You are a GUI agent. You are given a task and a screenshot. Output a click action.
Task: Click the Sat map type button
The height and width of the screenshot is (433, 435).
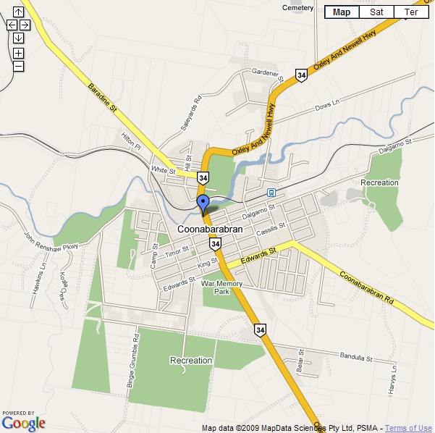[x=376, y=12]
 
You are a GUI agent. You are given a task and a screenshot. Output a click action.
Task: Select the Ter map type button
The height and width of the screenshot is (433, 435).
[x=411, y=12]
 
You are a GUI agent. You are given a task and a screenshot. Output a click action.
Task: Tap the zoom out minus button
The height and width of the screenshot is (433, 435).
[x=18, y=66]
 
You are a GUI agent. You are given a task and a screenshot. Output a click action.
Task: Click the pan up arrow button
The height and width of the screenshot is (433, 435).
[x=18, y=12]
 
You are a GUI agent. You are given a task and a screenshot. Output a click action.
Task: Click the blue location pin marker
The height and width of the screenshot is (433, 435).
[x=203, y=202]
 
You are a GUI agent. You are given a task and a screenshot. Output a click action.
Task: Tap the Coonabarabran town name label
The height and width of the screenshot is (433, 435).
[x=208, y=230]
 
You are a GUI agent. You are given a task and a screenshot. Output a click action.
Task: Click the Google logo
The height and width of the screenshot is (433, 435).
[x=23, y=422]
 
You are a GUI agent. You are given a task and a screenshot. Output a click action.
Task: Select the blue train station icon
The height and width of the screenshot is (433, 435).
[x=271, y=193]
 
